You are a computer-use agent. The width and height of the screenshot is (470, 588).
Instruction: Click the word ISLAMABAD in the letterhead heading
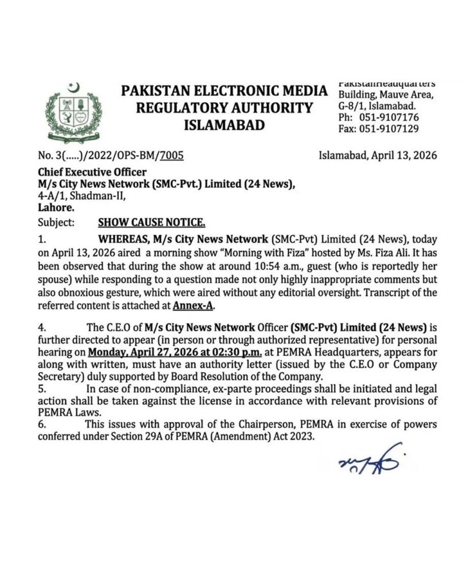[x=224, y=125]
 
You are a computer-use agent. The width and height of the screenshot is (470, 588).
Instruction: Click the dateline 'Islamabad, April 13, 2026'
[x=377, y=156]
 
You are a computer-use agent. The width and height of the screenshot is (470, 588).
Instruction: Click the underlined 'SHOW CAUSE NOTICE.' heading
[x=152, y=222]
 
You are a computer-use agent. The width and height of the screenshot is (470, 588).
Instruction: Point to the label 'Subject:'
[x=56, y=222]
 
